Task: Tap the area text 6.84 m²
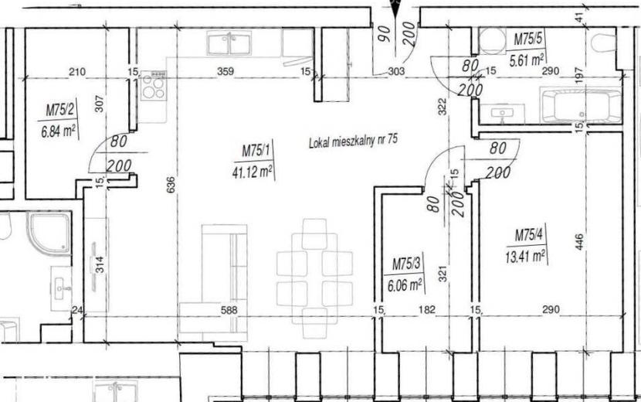58,132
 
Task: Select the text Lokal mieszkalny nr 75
353,141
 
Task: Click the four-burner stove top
154,86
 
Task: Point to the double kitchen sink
229,44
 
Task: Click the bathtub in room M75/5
581,105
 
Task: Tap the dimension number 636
171,185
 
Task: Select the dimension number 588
229,310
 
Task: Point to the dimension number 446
579,242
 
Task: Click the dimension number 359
226,72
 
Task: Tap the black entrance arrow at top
395,10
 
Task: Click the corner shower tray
49,232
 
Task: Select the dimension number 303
395,72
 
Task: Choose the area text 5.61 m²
527,60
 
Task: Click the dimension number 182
427,310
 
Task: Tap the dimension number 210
77,72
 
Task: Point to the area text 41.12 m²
253,172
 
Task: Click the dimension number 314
101,264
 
